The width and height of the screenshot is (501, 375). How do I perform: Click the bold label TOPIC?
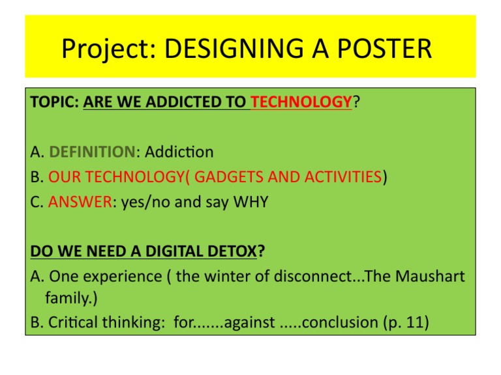click(x=55, y=102)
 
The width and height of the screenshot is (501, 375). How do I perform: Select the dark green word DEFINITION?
click(x=91, y=152)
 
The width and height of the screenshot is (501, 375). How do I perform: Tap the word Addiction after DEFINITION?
click(x=179, y=152)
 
